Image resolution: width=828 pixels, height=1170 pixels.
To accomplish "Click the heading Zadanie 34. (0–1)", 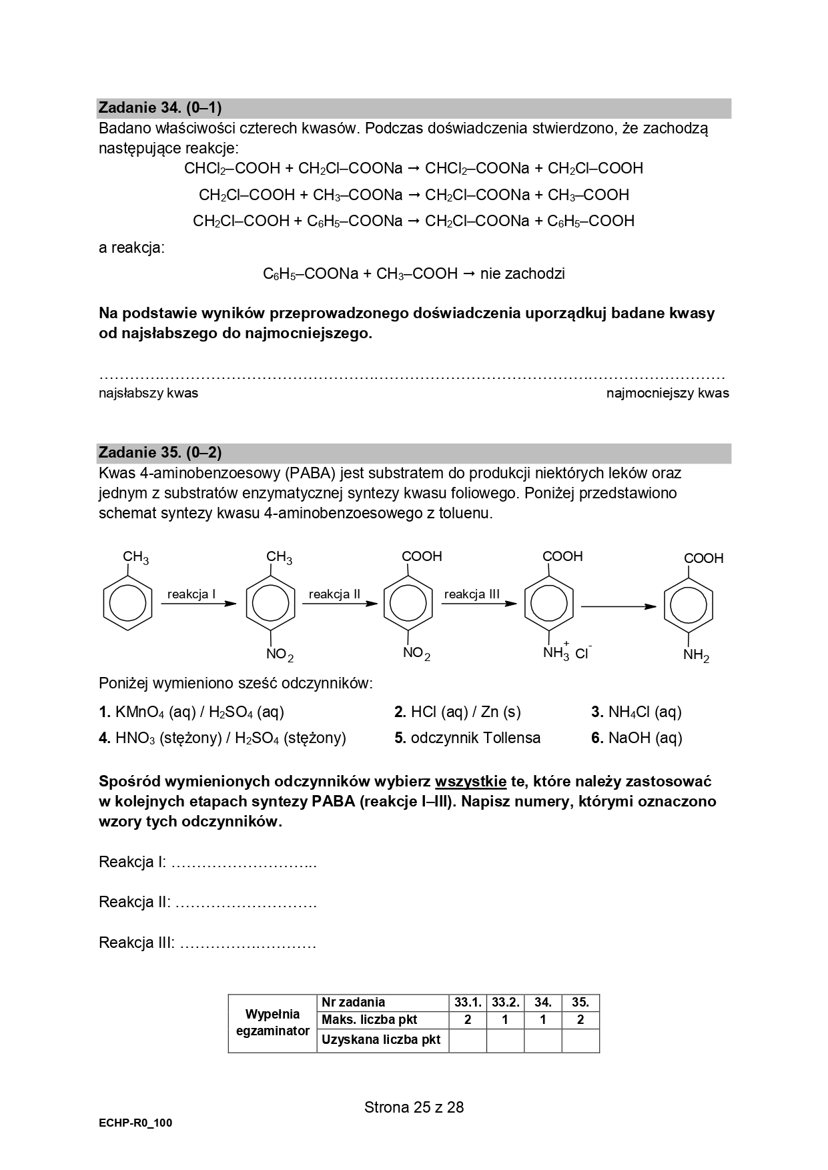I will click(x=160, y=107).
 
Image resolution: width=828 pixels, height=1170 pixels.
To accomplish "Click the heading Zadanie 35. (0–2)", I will click(x=160, y=452).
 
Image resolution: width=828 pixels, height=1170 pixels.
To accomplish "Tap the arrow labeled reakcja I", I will click(x=199, y=604).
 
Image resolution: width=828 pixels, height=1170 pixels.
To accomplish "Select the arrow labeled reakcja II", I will click(x=340, y=604).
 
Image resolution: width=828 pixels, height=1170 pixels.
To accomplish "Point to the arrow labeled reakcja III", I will click(x=478, y=604).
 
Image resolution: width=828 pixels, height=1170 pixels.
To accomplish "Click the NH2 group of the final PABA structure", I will click(x=696, y=656).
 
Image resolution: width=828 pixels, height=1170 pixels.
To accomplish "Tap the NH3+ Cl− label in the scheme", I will click(x=567, y=652).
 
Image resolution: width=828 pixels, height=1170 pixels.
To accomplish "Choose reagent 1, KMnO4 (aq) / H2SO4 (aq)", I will click(x=191, y=712).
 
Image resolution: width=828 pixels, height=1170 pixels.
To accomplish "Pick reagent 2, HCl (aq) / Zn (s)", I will click(x=457, y=712).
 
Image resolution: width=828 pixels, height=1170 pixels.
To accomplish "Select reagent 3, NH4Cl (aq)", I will click(x=637, y=712).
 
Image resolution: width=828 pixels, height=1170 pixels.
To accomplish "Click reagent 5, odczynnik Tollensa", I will click(x=467, y=738).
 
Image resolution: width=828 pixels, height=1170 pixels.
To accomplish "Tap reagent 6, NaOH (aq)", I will click(x=637, y=738).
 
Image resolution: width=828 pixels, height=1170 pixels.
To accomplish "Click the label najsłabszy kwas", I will click(x=148, y=394).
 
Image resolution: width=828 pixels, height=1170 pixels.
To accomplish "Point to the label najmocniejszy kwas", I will click(x=667, y=394).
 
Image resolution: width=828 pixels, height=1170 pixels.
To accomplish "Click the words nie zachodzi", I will click(x=522, y=273).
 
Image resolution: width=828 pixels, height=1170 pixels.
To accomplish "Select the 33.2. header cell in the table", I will click(x=505, y=1002).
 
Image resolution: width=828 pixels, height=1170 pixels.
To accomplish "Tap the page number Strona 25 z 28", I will click(x=414, y=1107).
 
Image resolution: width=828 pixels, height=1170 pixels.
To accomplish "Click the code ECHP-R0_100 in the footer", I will click(x=135, y=1123).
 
